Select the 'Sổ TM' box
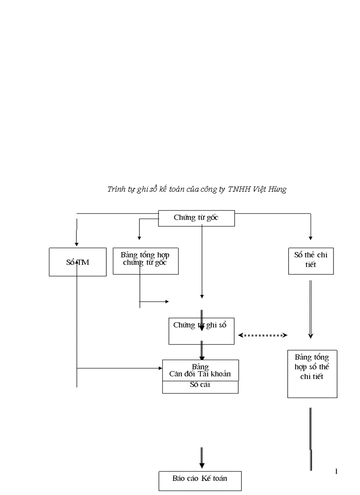(78, 262)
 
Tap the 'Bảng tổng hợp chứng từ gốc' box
(146, 261)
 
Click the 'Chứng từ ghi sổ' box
(201, 331)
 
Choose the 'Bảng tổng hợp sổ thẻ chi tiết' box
(312, 374)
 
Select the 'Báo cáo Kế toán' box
(200, 480)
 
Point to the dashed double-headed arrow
(263, 335)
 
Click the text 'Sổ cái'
(200, 384)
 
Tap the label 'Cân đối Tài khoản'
(200, 374)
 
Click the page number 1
(337, 472)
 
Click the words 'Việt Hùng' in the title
(270, 190)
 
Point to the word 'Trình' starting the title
(116, 190)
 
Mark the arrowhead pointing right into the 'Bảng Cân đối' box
(160, 368)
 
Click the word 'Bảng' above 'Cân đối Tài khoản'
(200, 367)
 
